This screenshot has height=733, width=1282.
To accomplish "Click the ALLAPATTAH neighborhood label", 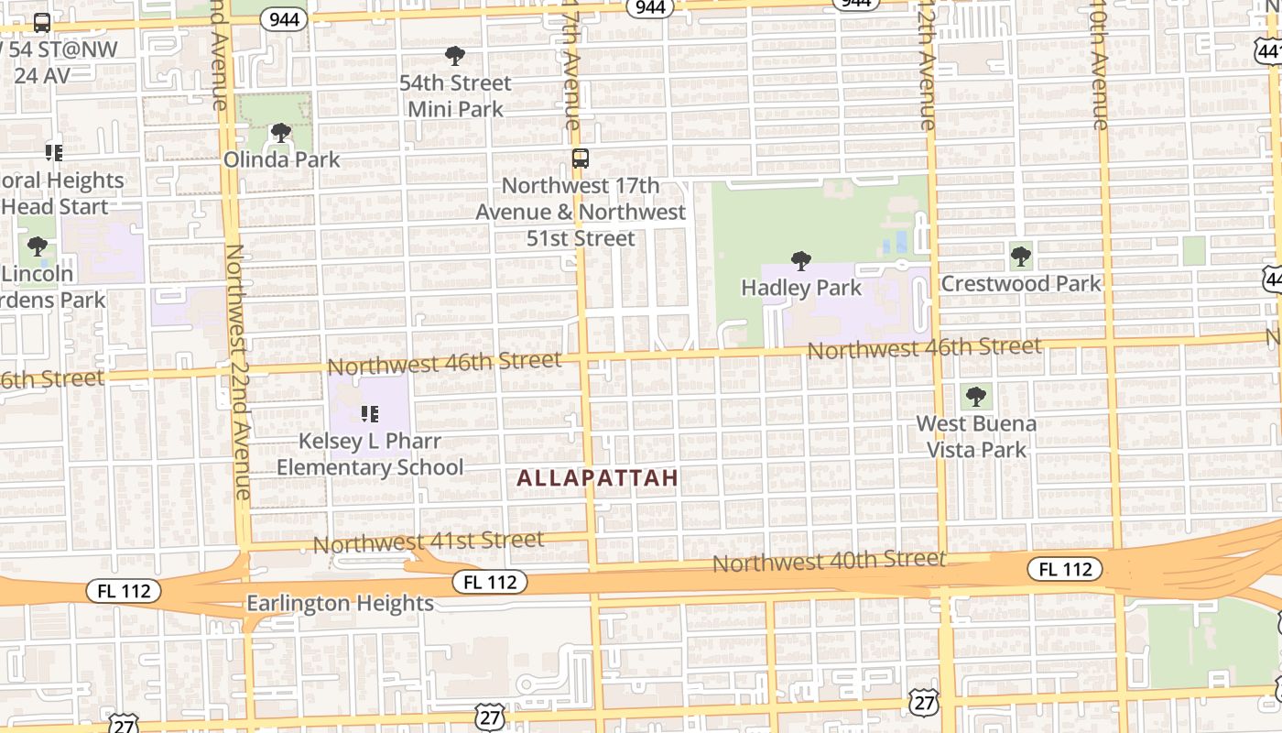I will point(597,477).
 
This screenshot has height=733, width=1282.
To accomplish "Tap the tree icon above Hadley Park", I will point(801,261).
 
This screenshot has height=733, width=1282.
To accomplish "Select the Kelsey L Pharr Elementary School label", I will point(370,454).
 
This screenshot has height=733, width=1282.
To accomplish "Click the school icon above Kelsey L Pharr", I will point(370,414).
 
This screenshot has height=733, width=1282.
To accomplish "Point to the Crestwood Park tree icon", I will point(1021,257).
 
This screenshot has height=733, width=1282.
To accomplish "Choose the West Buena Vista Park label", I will point(977,437).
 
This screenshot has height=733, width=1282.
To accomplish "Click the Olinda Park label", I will point(282,159).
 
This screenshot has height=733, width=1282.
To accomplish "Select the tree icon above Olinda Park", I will point(281,133).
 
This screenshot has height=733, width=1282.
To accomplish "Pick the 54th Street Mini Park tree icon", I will point(454,56).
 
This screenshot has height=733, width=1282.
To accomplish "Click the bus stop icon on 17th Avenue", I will point(580,158).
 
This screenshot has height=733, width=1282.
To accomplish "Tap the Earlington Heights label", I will point(340,603).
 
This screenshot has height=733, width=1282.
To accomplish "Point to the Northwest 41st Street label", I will point(429,542).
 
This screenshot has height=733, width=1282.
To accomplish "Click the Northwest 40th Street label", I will point(829,560).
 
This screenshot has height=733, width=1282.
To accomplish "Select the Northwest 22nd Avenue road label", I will point(238,371).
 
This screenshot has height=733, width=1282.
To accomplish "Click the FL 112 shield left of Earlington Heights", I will point(124,591).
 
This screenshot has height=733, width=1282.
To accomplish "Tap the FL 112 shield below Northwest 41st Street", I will point(490,582).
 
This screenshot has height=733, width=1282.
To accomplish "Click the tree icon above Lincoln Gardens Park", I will point(38,246).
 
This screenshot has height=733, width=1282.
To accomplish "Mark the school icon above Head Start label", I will point(54,152).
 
